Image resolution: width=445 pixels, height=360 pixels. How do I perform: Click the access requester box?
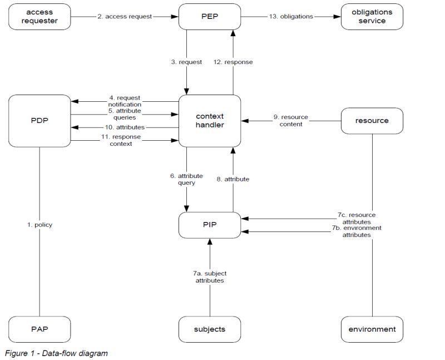[40, 17]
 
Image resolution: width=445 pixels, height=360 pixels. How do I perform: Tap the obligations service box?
[372, 17]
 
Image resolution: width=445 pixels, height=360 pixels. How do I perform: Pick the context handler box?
[210, 121]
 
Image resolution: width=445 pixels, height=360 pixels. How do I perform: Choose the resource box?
[372, 120]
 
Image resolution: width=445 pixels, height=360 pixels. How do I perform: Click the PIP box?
[210, 224]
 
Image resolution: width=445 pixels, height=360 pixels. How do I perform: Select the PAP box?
[40, 329]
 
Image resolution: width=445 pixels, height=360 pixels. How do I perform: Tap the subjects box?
[210, 329]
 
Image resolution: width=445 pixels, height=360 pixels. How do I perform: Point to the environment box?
[372, 329]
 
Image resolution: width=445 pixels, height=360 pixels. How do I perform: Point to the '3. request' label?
[186, 62]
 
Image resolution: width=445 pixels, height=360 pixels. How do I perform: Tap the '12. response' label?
[233, 62]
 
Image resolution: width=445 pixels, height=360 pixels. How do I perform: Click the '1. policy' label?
[40, 225]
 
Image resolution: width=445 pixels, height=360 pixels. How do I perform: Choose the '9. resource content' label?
[290, 121]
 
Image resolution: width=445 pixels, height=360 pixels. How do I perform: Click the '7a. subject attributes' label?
[210, 277]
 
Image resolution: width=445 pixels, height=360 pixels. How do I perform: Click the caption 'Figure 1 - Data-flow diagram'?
[56, 353]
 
